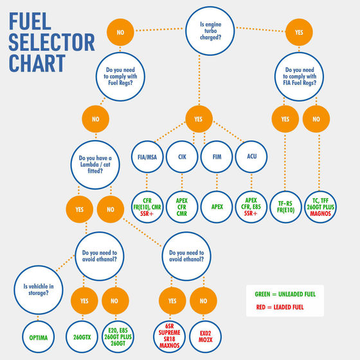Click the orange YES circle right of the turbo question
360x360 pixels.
(299, 32)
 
